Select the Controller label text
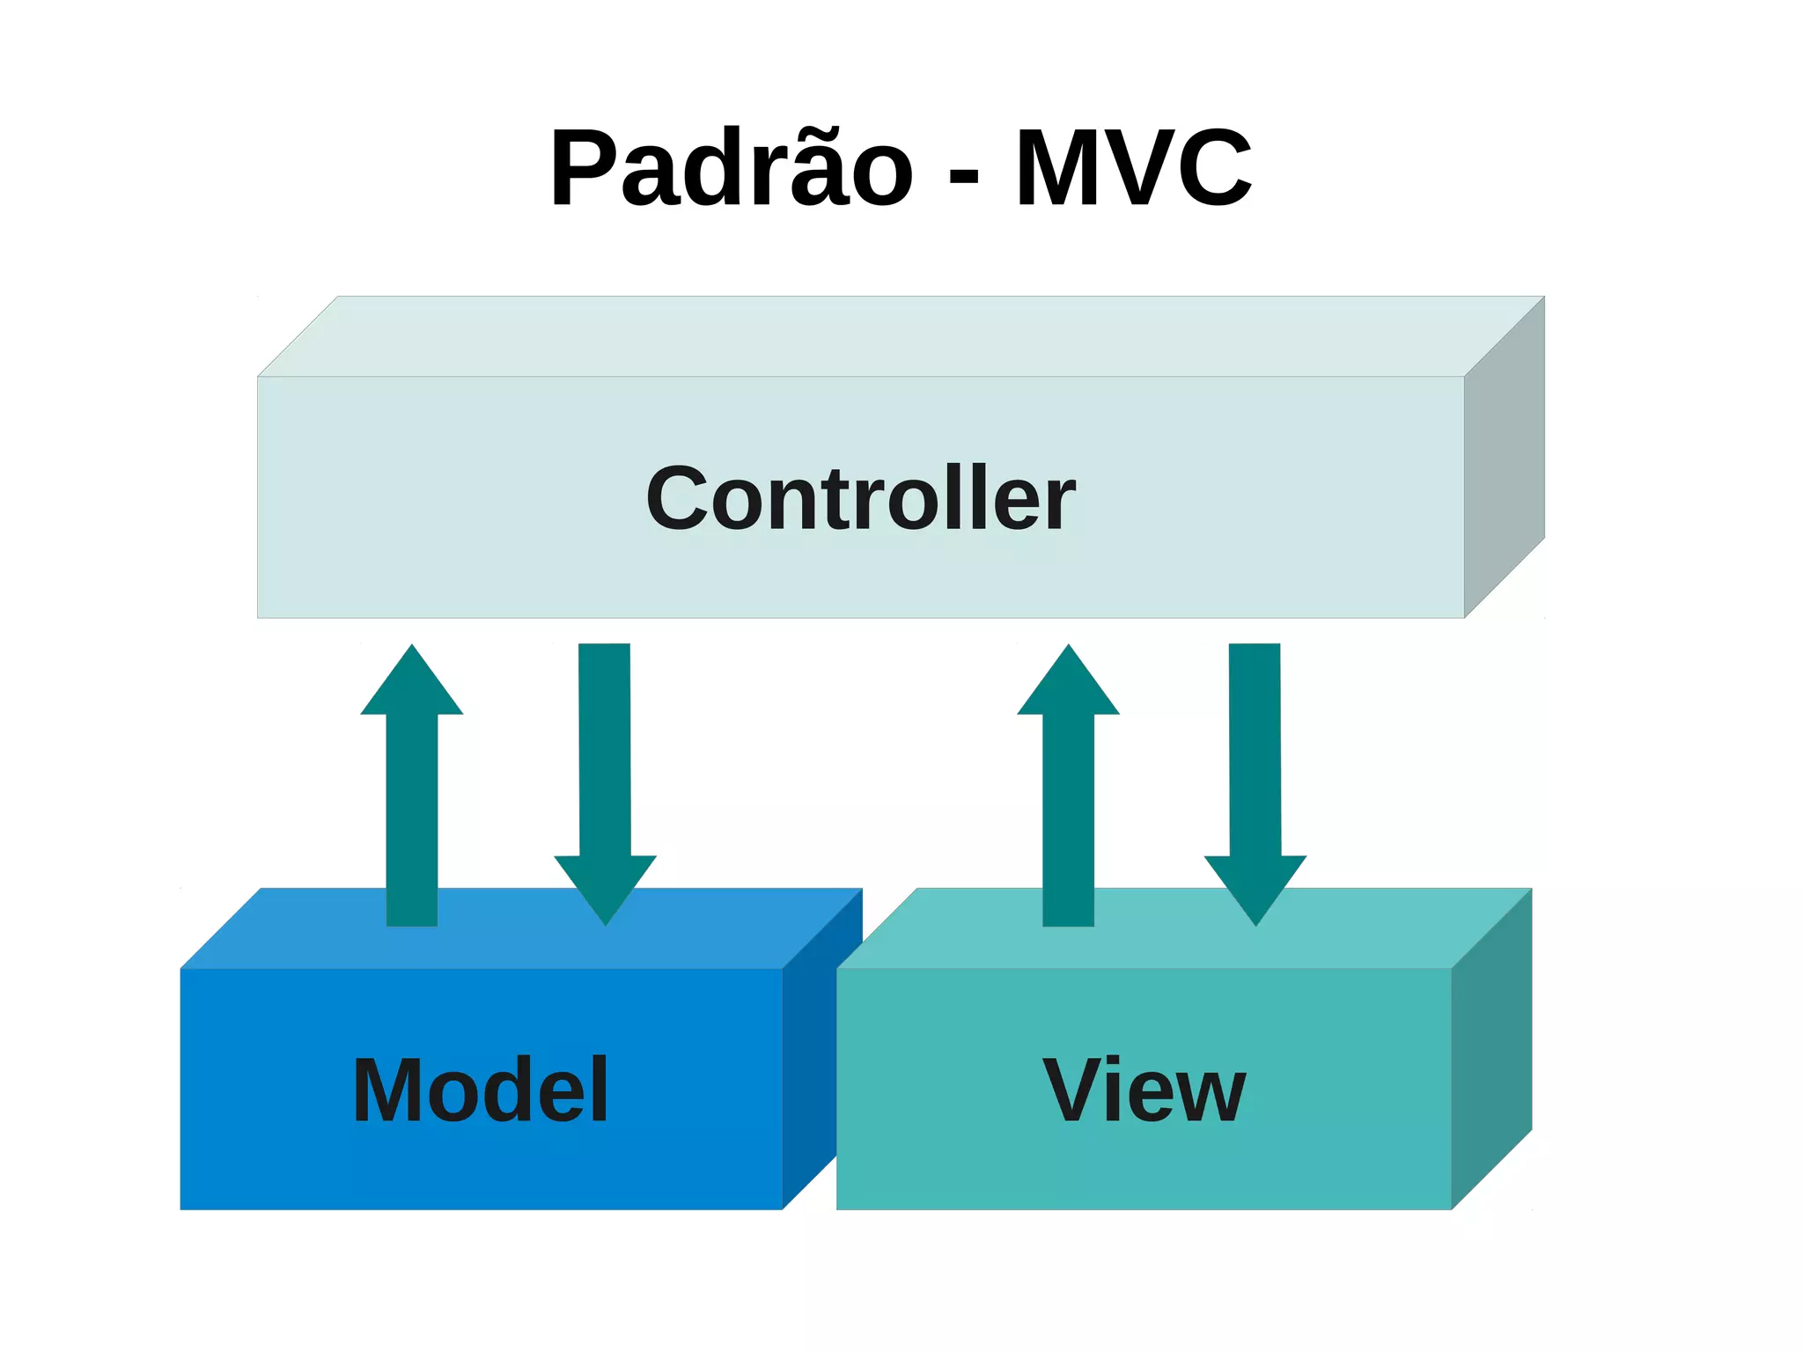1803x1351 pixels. click(860, 499)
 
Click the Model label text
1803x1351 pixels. click(481, 1090)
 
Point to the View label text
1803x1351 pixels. click(1144, 1090)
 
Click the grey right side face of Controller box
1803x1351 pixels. click(1504, 458)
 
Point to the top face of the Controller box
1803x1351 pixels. click(898, 336)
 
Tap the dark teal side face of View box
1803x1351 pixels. click(1491, 1047)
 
